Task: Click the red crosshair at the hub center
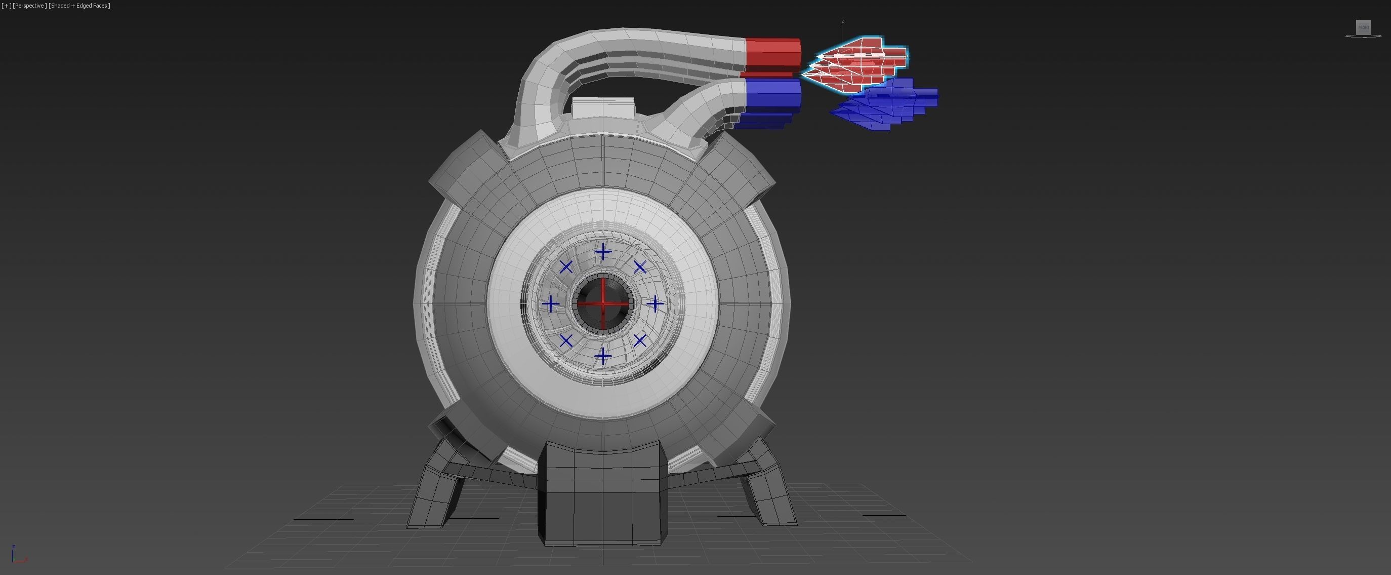603,303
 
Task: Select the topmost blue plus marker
603,252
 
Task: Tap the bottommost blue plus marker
603,356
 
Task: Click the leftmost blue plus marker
551,304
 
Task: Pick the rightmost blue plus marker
655,304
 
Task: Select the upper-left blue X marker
566,267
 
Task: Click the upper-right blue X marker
640,267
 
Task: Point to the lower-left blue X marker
566,341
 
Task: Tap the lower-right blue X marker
640,341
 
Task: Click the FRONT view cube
1364,27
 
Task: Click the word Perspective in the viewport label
29,6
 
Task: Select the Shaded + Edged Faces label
79,6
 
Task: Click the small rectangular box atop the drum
603,107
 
